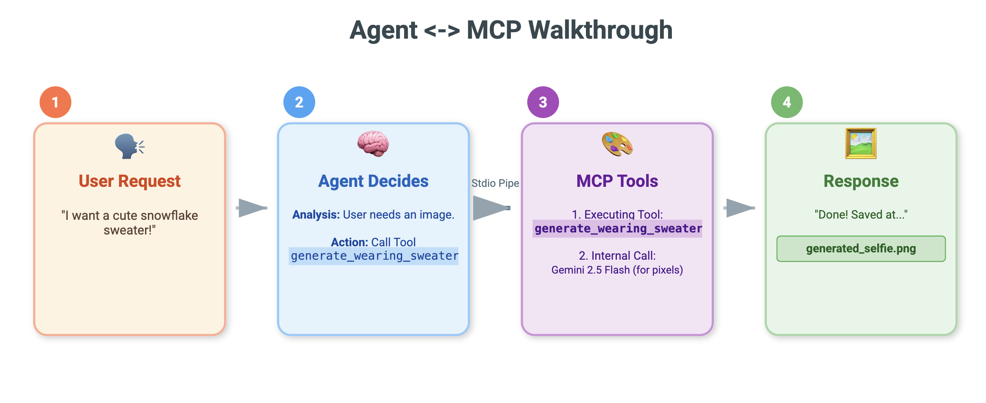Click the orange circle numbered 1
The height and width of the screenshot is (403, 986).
(x=55, y=102)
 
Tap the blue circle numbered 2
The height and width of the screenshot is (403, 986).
(x=299, y=102)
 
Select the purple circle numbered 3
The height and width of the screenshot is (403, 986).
(x=543, y=102)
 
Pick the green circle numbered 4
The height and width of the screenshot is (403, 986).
(x=787, y=102)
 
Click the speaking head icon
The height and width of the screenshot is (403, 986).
(x=129, y=146)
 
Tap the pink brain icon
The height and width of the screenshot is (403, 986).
(x=373, y=144)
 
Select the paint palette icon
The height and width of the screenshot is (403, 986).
(x=617, y=144)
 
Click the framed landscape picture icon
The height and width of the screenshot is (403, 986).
(x=861, y=143)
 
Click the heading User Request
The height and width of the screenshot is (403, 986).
(x=130, y=181)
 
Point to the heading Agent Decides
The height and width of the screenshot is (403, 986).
(x=373, y=181)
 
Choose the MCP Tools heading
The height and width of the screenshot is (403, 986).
(x=617, y=181)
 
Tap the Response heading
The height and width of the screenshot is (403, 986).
(x=861, y=181)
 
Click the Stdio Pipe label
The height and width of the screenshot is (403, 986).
(x=495, y=183)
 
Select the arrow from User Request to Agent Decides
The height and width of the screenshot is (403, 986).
(x=252, y=208)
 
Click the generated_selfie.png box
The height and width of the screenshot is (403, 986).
(x=861, y=249)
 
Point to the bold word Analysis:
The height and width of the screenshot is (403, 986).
(x=316, y=215)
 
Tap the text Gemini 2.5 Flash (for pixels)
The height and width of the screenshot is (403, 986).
(x=617, y=270)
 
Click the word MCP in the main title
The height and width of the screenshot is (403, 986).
(x=494, y=30)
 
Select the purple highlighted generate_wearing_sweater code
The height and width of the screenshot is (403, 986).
(x=618, y=228)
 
